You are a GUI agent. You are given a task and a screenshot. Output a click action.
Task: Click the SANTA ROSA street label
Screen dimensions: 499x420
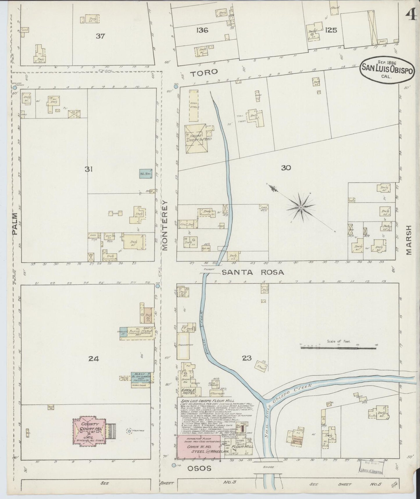253,272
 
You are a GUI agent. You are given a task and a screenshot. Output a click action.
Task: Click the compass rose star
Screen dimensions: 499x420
301,207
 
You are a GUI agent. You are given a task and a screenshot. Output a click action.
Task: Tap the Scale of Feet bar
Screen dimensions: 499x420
339,347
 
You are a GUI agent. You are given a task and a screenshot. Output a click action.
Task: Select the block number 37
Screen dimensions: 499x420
101,36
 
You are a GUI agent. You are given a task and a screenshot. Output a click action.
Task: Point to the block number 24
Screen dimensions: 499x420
94,359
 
